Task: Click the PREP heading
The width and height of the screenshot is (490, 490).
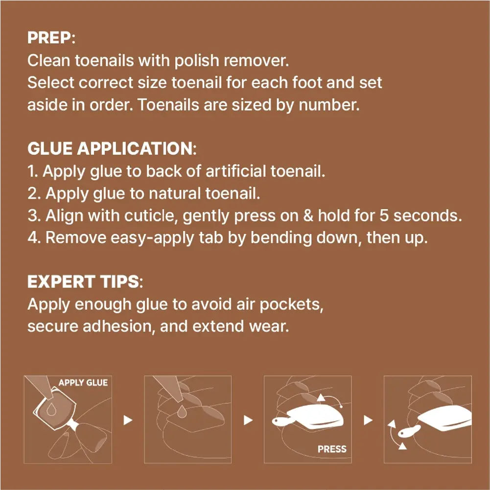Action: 51,38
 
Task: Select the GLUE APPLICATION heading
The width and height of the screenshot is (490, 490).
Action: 112,148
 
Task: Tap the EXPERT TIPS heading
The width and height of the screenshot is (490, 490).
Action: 85,281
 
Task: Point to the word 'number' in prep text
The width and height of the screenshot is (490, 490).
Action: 329,105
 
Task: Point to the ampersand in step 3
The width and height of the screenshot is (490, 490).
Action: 308,215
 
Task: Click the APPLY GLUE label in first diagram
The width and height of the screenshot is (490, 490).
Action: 83,382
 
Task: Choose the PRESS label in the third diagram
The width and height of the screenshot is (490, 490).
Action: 332,449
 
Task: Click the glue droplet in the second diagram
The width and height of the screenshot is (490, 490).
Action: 182,412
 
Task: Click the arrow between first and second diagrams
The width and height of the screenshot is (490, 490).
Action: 128,420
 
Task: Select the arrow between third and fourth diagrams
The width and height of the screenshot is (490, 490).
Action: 368,420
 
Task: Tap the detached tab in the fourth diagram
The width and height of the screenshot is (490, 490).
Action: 409,432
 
